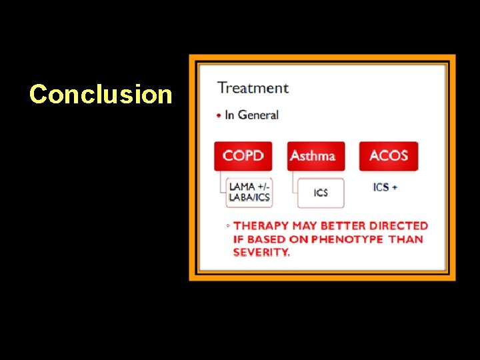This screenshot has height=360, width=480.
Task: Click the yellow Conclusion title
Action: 101,94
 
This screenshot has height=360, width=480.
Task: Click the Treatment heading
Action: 253,88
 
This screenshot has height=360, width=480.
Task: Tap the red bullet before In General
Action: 219,115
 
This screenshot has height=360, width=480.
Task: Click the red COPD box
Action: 243,156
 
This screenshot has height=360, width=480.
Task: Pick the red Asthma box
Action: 315,156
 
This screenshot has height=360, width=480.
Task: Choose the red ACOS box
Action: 388,156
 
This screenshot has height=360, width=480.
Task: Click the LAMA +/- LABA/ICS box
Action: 249,192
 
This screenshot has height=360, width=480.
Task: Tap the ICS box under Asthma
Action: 321,193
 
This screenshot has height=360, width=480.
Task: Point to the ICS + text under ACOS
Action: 385,187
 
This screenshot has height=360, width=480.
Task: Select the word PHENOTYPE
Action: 345,239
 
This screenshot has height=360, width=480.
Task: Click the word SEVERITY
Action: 261,252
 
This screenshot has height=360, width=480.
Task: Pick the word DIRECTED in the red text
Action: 398,226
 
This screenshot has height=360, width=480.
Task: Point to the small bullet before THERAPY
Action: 228,227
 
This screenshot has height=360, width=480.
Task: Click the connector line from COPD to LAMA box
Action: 219,183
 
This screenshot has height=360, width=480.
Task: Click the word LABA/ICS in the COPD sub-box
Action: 249,197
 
